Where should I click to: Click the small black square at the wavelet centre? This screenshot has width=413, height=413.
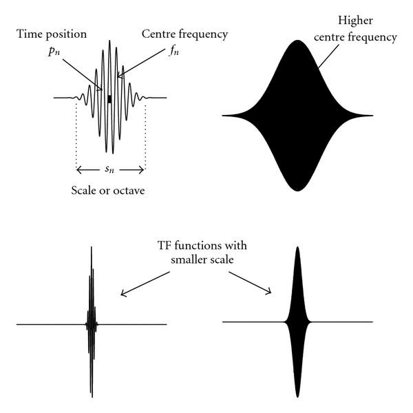[109, 99]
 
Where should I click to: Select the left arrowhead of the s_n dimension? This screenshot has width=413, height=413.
[78, 169]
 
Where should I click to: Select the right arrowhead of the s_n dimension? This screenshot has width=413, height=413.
[143, 169]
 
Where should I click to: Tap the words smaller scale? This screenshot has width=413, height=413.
[200, 262]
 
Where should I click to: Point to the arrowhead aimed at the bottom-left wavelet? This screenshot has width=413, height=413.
[123, 295]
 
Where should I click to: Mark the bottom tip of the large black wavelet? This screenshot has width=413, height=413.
[297, 190]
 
